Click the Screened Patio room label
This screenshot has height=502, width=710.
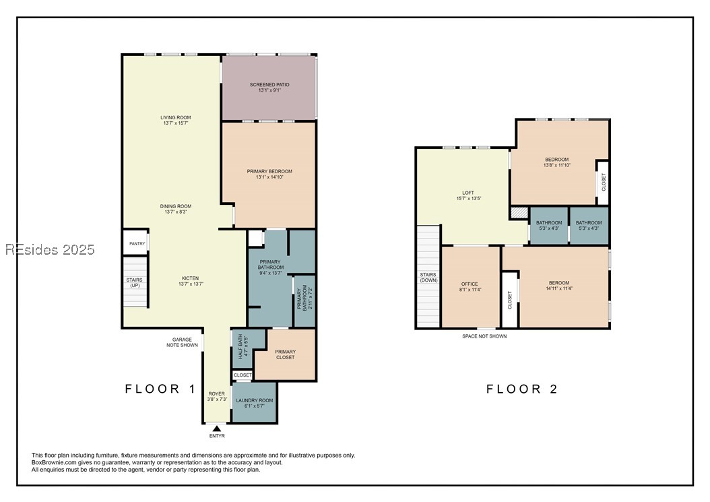(269, 88)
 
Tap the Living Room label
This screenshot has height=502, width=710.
(176, 120)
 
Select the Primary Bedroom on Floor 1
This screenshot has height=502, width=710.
(269, 175)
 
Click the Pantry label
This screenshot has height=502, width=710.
(137, 244)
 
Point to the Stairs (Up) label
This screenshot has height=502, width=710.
(135, 283)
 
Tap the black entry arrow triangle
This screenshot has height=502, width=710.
(217, 429)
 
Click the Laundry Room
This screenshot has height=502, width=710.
(254, 402)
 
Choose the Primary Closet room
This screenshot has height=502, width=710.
(285, 354)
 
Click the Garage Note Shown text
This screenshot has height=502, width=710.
(182, 342)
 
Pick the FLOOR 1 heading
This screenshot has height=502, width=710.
(161, 389)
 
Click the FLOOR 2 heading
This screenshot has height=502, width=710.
(522, 389)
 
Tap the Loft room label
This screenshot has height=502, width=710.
(468, 195)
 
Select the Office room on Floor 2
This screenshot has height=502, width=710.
(470, 287)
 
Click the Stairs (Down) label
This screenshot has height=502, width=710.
(428, 277)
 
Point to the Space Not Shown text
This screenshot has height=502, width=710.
(484, 336)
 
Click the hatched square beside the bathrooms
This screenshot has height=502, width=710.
(519, 213)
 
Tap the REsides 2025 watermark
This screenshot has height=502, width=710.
(51, 249)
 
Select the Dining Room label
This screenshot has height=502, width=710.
(176, 209)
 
